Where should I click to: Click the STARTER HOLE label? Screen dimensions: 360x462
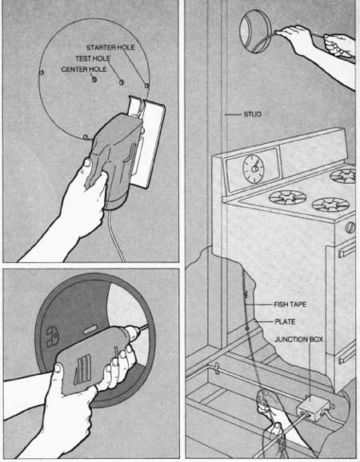point(110,47)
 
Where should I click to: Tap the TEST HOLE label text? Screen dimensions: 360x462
point(93,58)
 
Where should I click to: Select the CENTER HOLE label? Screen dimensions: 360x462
point(84,70)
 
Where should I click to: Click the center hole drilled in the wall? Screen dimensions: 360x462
point(94,80)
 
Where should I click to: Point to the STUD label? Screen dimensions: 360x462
point(252,114)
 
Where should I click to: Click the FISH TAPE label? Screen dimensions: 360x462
point(290,305)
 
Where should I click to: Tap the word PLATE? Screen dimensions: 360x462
point(285,322)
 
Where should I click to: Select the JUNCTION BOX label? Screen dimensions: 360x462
point(298,340)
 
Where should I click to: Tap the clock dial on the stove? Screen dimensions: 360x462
point(254,169)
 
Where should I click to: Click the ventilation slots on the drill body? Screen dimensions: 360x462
point(82,369)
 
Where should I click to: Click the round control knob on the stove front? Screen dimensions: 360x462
point(350,228)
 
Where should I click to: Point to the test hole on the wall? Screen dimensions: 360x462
point(121,82)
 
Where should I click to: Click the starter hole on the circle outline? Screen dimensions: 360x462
point(147,86)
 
